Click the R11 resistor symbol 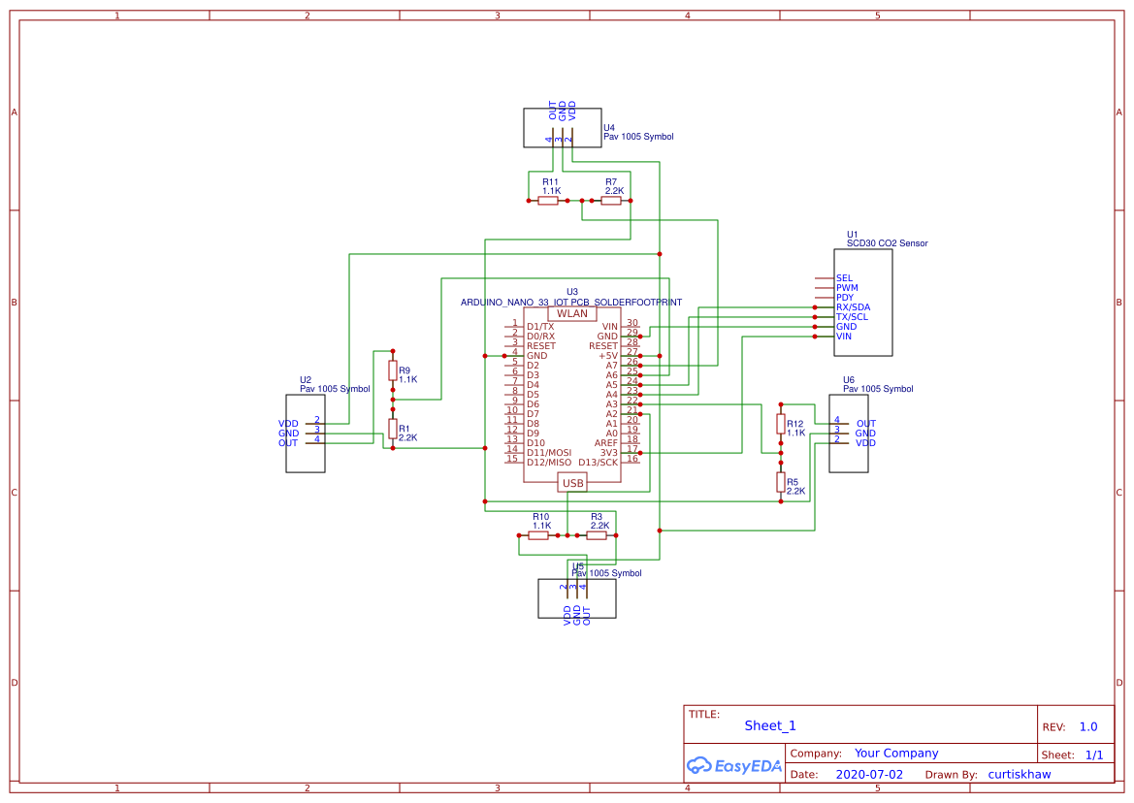[x=548, y=201]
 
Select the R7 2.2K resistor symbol [x=611, y=201]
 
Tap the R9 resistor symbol [x=393, y=370]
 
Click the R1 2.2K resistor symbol [x=393, y=429]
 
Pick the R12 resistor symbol [x=781, y=424]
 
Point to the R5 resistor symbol [x=781, y=482]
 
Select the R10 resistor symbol [x=538, y=535]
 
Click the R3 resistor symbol [x=597, y=535]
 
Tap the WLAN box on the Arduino [x=572, y=313]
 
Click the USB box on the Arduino [x=572, y=483]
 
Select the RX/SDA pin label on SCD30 [x=853, y=307]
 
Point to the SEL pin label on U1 [x=844, y=278]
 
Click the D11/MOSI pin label [x=549, y=453]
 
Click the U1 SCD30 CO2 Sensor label [x=887, y=243]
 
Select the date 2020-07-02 [x=868, y=775]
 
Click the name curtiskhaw [x=1019, y=775]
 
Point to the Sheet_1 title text [x=770, y=725]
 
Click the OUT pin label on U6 [x=865, y=424]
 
